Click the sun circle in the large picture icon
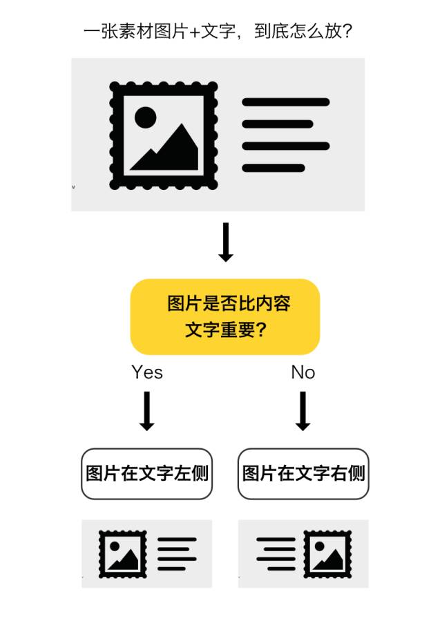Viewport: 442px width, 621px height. (x=145, y=117)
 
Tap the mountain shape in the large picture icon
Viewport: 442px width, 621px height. (x=169, y=151)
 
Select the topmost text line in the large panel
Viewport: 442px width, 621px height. (x=285, y=102)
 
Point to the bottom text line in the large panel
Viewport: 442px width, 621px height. (x=273, y=168)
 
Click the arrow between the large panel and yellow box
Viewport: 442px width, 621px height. (x=226, y=242)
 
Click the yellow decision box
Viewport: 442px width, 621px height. (x=225, y=316)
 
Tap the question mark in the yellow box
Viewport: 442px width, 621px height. (x=261, y=329)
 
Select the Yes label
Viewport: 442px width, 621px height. (x=147, y=372)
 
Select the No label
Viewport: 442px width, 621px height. (x=302, y=372)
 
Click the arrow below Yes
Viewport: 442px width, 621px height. (x=146, y=411)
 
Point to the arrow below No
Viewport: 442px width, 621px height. (x=302, y=411)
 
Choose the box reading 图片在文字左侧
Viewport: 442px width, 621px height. (x=147, y=474)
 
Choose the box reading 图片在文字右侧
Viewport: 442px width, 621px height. (x=303, y=474)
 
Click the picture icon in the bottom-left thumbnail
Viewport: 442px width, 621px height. (x=123, y=554)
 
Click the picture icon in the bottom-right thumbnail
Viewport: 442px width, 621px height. (x=328, y=554)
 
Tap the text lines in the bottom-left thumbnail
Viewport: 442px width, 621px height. (x=177, y=554)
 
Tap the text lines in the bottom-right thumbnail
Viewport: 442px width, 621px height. (x=276, y=554)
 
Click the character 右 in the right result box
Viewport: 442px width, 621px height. (x=338, y=474)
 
